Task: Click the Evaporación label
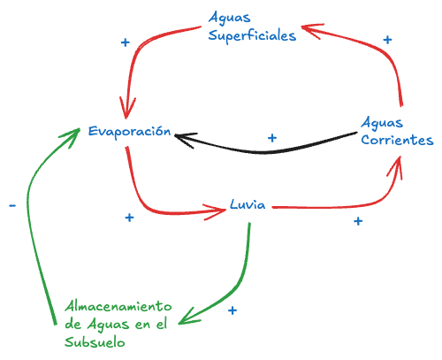click(x=128, y=131)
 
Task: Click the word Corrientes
click(x=398, y=141)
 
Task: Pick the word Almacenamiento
click(x=116, y=306)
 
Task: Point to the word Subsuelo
click(x=95, y=341)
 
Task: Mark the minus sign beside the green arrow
click(x=11, y=205)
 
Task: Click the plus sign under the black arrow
click(x=272, y=138)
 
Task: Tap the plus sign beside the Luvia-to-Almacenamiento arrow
click(x=232, y=310)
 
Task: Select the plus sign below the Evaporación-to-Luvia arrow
click(x=129, y=217)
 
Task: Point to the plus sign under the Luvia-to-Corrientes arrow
click(x=358, y=221)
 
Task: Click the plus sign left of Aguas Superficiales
click(x=125, y=42)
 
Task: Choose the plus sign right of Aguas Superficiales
click(x=386, y=40)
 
